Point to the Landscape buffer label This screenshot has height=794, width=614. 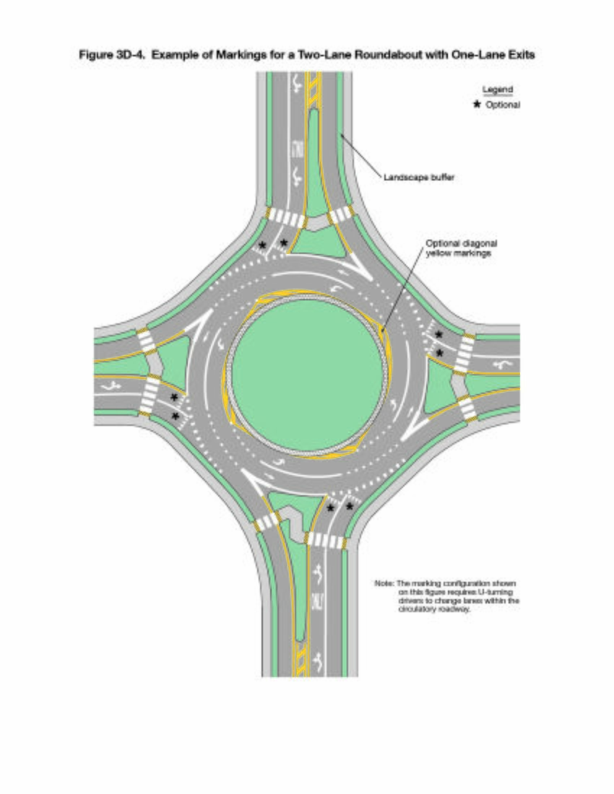[x=419, y=178]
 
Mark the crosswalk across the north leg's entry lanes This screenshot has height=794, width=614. [x=287, y=218]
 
